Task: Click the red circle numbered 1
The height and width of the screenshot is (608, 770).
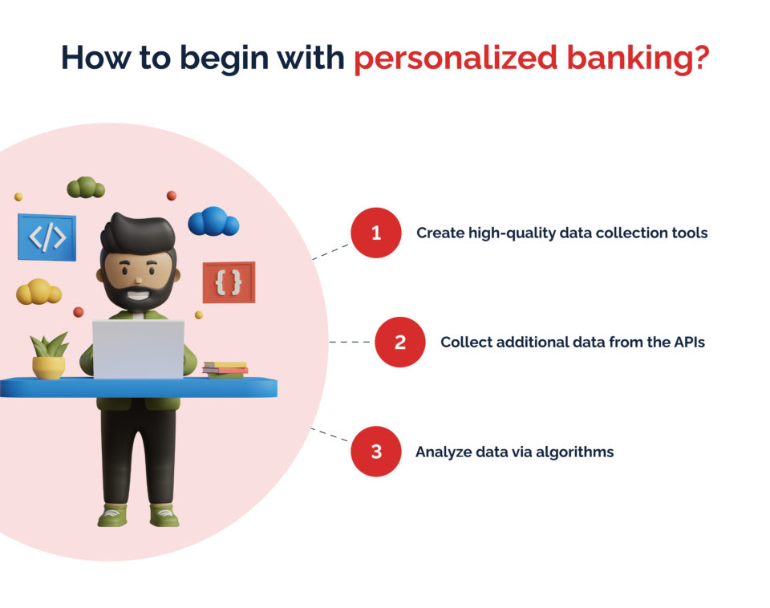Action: coord(375,233)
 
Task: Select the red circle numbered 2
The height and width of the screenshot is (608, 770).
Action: coord(399,343)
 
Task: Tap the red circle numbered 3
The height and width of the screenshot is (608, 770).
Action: coord(375,451)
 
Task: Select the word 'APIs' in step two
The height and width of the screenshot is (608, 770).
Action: coord(688,343)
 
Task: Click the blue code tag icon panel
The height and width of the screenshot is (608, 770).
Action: coord(47,237)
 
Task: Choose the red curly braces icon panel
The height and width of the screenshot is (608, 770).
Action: coord(229,282)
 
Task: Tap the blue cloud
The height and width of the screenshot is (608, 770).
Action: coord(213,222)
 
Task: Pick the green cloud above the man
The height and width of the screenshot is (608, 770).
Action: coord(86,188)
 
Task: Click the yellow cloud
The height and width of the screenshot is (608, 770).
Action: coord(38,292)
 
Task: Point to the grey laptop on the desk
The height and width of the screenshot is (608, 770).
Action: coord(138,349)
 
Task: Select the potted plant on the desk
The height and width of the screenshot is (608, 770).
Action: coord(49,356)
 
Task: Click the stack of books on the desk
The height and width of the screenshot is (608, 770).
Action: coord(225,368)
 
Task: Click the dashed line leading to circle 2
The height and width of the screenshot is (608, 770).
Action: coord(351,343)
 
